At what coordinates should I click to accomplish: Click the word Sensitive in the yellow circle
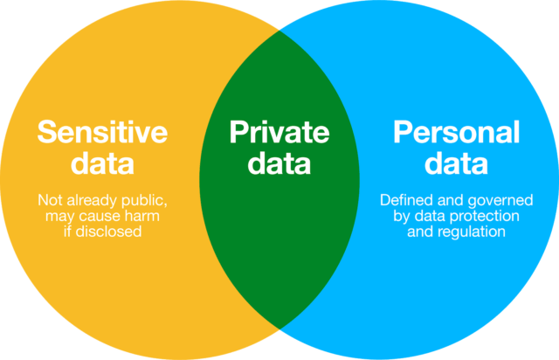(102, 133)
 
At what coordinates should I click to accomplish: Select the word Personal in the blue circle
(456, 133)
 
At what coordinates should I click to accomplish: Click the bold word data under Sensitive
(102, 163)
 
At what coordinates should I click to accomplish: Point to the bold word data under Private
(279, 163)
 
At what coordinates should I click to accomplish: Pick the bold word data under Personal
(456, 163)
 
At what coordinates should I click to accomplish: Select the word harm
(149, 216)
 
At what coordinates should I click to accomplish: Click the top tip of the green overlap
(279, 31)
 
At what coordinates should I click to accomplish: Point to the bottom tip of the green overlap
(279, 329)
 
